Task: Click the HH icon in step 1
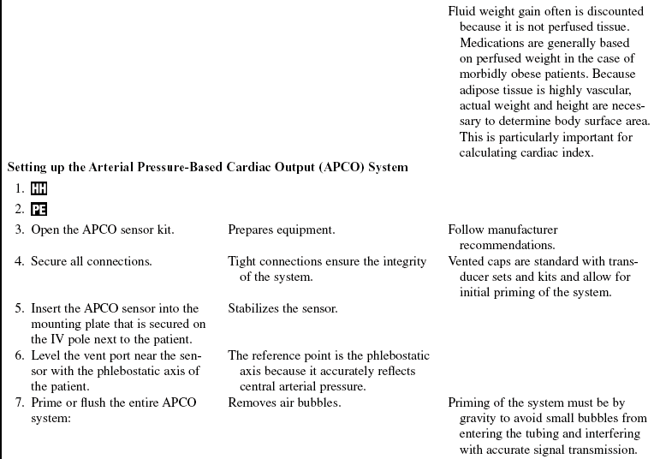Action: coord(39,189)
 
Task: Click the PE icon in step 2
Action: coord(39,209)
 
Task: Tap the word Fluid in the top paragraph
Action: coord(462,12)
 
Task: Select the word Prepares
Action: coord(252,229)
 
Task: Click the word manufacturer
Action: coord(520,229)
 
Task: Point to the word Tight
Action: coord(242,261)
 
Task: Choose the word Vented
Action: coord(467,261)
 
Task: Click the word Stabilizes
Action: coord(255,308)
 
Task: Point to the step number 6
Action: coord(19,355)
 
